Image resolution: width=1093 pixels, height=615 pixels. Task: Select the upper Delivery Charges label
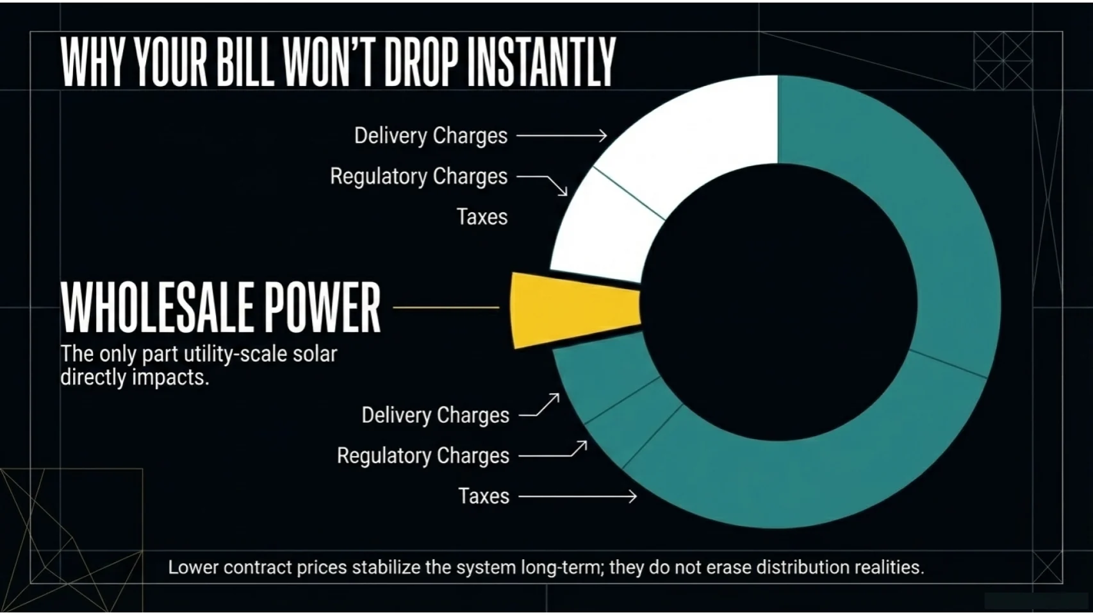(431, 136)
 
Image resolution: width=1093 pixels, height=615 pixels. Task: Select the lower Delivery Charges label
(435, 416)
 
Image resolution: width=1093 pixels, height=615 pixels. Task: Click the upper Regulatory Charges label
(418, 176)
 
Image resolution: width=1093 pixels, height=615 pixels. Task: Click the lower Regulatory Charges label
(423, 456)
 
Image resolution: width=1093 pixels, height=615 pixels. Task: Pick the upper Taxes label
(482, 217)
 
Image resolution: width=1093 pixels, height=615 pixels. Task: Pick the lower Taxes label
(484, 496)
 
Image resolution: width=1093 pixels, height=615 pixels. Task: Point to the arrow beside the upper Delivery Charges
(561, 135)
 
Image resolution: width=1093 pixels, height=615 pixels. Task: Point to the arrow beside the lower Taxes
(577, 496)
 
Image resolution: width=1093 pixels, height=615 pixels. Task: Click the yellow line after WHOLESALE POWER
(446, 308)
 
